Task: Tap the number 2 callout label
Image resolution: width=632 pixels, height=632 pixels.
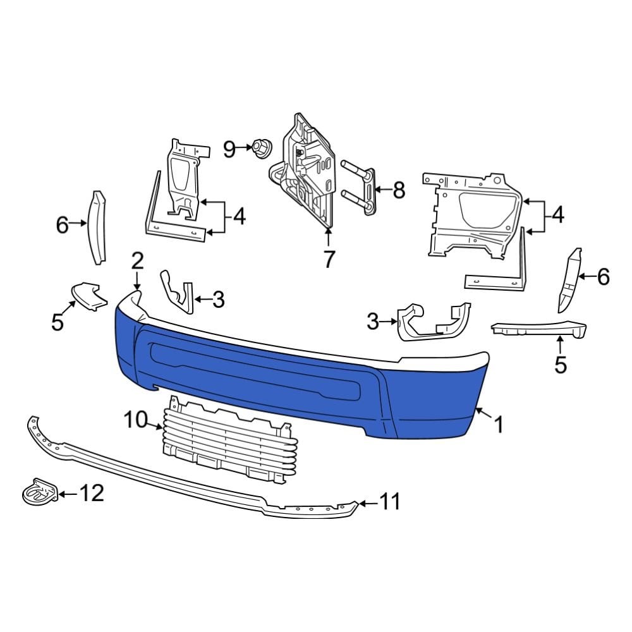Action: [137, 260]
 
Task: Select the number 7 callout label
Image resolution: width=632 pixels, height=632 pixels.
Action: [328, 259]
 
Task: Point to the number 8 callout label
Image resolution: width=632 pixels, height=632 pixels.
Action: [398, 190]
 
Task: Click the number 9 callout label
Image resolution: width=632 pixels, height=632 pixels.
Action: [229, 150]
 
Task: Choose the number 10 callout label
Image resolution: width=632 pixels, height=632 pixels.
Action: [135, 419]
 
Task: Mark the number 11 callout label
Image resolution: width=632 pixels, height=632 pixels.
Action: [390, 502]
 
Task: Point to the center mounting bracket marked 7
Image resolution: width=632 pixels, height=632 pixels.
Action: [307, 171]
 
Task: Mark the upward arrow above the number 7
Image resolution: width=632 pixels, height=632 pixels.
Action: [328, 238]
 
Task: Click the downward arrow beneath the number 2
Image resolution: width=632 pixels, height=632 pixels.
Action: [137, 279]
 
